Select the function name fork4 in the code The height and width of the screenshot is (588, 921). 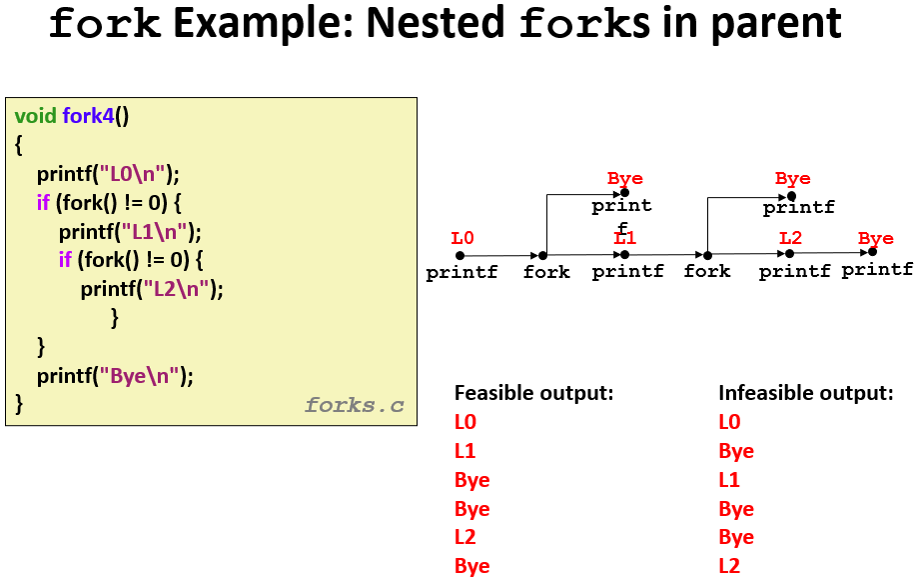pyautogui.click(x=88, y=116)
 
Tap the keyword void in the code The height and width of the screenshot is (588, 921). pyautogui.click(x=35, y=116)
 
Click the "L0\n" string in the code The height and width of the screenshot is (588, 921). pyautogui.click(x=132, y=174)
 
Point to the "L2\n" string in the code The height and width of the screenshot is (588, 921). pyautogui.click(x=176, y=289)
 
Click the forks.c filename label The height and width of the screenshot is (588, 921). pyautogui.click(x=355, y=405)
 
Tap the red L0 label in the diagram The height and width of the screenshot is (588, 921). pyautogui.click(x=462, y=238)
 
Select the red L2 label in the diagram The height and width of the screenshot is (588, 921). pyautogui.click(x=790, y=238)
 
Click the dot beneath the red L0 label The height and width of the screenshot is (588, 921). pyautogui.click(x=460, y=255)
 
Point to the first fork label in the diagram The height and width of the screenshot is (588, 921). pyautogui.click(x=546, y=272)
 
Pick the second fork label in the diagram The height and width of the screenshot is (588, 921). pyautogui.click(x=707, y=271)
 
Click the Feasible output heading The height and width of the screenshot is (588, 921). pyautogui.click(x=534, y=393)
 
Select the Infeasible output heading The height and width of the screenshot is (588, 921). pyautogui.click(x=806, y=393)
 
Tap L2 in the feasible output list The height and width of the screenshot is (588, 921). pyautogui.click(x=465, y=537)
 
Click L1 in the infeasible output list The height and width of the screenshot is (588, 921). pyautogui.click(x=729, y=480)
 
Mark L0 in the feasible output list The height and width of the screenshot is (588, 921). pyautogui.click(x=465, y=422)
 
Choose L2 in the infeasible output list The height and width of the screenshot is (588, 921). pyautogui.click(x=729, y=566)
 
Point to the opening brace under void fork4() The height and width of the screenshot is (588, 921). pyautogui.click(x=19, y=145)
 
